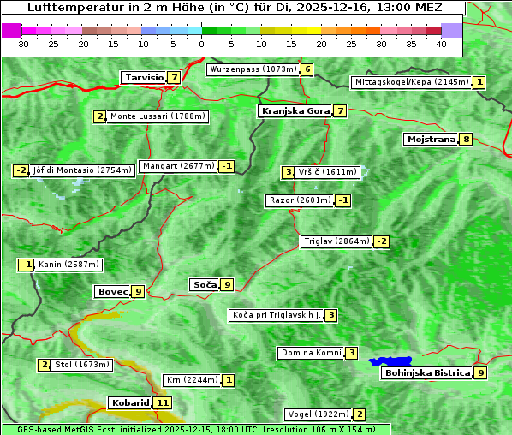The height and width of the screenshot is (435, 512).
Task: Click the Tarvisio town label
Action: (x=144, y=77)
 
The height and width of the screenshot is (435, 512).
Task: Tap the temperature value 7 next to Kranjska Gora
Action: (x=340, y=110)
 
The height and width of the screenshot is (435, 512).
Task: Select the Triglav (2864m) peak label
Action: (x=336, y=241)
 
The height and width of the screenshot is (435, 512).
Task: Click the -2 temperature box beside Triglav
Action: (x=382, y=241)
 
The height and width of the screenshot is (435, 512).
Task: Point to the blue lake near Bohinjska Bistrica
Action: (x=390, y=361)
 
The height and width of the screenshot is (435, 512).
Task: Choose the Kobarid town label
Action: (x=130, y=402)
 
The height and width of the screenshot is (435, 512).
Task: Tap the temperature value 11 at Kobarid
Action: (x=163, y=402)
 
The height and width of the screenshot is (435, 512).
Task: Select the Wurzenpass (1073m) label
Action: (x=253, y=69)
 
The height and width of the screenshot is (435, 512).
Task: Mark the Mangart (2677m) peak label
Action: (x=177, y=166)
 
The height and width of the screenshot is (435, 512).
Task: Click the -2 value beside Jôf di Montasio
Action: (x=21, y=170)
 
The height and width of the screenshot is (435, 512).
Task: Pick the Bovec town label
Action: (x=112, y=291)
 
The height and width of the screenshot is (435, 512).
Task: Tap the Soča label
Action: (x=205, y=284)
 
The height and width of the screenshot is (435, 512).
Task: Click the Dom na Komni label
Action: (x=311, y=353)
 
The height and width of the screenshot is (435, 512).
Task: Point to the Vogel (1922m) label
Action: (x=317, y=414)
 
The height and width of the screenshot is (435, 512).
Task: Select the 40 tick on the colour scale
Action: (x=441, y=43)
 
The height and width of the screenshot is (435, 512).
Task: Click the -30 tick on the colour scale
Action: (x=23, y=43)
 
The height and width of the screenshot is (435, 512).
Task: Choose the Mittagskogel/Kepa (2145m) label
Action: (x=412, y=82)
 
